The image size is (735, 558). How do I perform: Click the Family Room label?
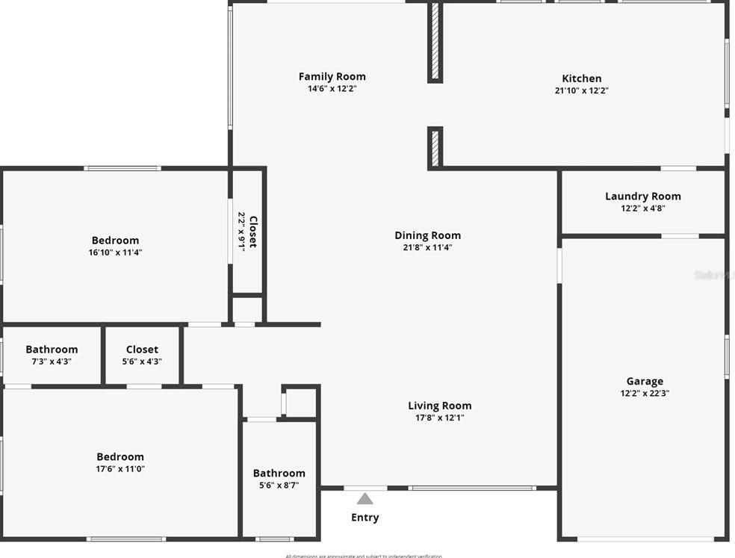[332, 76]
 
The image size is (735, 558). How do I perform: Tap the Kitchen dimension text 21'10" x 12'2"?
[581, 90]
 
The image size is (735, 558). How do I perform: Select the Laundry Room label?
[642, 196]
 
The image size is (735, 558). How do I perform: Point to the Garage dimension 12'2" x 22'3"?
[644, 393]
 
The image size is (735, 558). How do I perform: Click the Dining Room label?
[427, 235]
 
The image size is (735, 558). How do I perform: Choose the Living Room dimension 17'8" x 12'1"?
[439, 418]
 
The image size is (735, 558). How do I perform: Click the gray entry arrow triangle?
[365, 499]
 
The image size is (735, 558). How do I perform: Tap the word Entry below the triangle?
[365, 517]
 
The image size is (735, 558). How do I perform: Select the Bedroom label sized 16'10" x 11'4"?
[115, 240]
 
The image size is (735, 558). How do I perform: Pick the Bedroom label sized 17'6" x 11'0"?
[120, 456]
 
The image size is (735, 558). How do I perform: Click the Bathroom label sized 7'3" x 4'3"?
[52, 349]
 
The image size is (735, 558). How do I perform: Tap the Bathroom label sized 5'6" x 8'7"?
[279, 473]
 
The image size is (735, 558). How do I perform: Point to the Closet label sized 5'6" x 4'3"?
[142, 349]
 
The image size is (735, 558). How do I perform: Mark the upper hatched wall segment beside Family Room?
[435, 42]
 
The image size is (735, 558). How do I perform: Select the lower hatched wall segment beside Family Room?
[435, 147]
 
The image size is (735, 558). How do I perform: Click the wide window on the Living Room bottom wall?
[472, 489]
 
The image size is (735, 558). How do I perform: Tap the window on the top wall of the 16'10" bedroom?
[122, 168]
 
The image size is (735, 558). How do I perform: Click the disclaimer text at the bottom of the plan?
[363, 555]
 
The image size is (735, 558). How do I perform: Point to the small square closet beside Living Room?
[302, 403]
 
